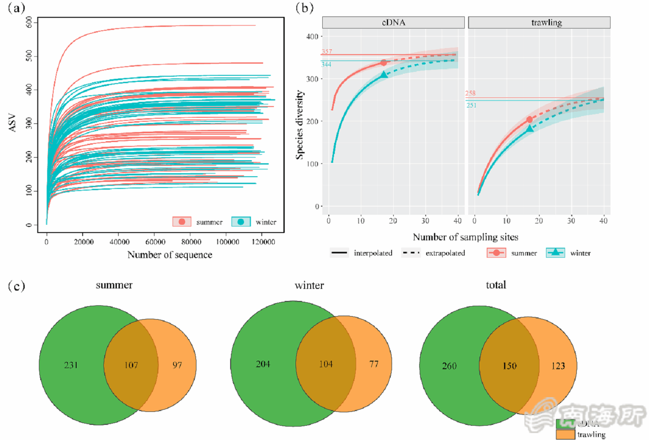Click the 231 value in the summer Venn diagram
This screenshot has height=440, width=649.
pos(71,365)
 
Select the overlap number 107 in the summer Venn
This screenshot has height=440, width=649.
pos(131,365)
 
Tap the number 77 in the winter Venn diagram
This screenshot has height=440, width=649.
pos(374,364)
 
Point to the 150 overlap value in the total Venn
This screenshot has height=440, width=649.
pos(510,366)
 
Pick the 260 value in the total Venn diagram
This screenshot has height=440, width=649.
pos(449,366)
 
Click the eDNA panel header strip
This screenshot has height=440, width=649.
pos(393,23)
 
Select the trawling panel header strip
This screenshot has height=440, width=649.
pos(539,23)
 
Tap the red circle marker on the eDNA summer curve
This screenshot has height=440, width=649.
pos(383,63)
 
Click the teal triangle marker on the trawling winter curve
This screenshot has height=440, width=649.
pos(530,129)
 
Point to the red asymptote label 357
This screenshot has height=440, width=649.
pos(327,52)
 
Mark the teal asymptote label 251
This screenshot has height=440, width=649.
pos(471,105)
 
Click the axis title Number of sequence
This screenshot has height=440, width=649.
pos(170,255)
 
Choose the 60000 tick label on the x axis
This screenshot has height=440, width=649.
pos(155,242)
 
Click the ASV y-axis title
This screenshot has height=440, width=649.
pos(12,123)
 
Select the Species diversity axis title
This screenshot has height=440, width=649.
pos(299,125)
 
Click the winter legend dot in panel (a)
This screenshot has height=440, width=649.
pos(241,222)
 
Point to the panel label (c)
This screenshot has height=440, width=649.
pos(16,286)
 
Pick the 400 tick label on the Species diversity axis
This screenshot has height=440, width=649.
pos(312,37)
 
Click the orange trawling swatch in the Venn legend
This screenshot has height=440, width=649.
pos(565,434)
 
